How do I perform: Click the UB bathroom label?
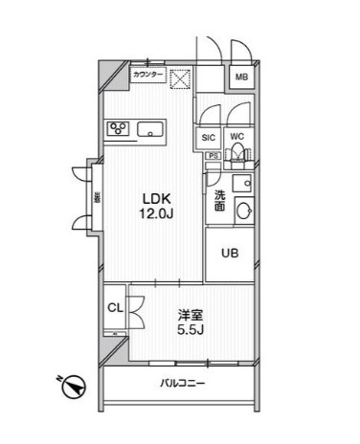tap(230, 255)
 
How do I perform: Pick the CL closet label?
tap(114, 307)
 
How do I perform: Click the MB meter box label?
tap(242, 78)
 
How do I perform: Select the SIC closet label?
tap(210, 136)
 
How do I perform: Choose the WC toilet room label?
tap(237, 136)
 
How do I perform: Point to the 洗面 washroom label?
tap(219, 198)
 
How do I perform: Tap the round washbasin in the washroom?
tap(243, 212)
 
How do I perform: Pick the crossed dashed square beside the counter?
tap(179, 79)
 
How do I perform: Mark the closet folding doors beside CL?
tap(134, 308)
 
